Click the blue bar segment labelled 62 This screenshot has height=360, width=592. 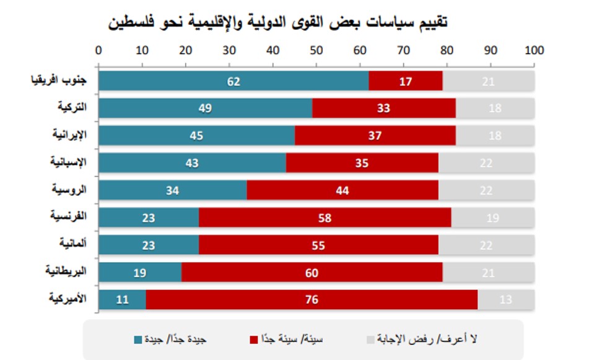(x=233, y=81)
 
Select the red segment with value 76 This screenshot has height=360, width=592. (x=312, y=299)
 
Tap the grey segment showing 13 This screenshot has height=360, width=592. (x=506, y=299)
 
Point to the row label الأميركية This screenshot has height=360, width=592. (x=68, y=299)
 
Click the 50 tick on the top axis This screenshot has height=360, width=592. (x=316, y=50)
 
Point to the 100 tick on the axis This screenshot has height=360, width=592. (x=534, y=50)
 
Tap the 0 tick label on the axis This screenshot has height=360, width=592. (x=98, y=50)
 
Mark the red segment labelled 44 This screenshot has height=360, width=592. (x=342, y=190)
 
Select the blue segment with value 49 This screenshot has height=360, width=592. (x=205, y=108)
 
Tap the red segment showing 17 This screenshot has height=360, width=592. (x=406, y=81)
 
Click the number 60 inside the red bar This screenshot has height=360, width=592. (x=312, y=272)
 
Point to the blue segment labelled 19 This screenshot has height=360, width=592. (x=140, y=272)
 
